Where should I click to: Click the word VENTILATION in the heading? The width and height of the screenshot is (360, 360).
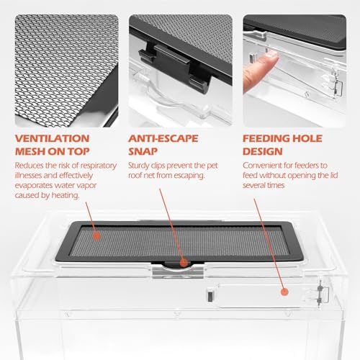pos(52,138)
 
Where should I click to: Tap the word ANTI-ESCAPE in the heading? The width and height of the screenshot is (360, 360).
pos(163,138)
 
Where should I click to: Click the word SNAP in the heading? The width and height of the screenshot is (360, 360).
pos(143,151)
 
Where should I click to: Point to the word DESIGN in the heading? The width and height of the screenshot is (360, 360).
pos(263,151)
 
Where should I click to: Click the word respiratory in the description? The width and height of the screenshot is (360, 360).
pos(99,166)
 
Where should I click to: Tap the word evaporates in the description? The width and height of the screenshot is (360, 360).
pos(34,186)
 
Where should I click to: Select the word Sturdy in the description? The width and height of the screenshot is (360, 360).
pos(138,166)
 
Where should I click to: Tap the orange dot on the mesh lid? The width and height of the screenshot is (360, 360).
pos(96,236)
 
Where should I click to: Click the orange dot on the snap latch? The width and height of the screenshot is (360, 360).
pos(184,264)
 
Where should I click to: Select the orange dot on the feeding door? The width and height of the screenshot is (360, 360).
pos(284,292)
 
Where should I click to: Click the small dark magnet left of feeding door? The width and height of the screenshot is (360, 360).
pos(210,296)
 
